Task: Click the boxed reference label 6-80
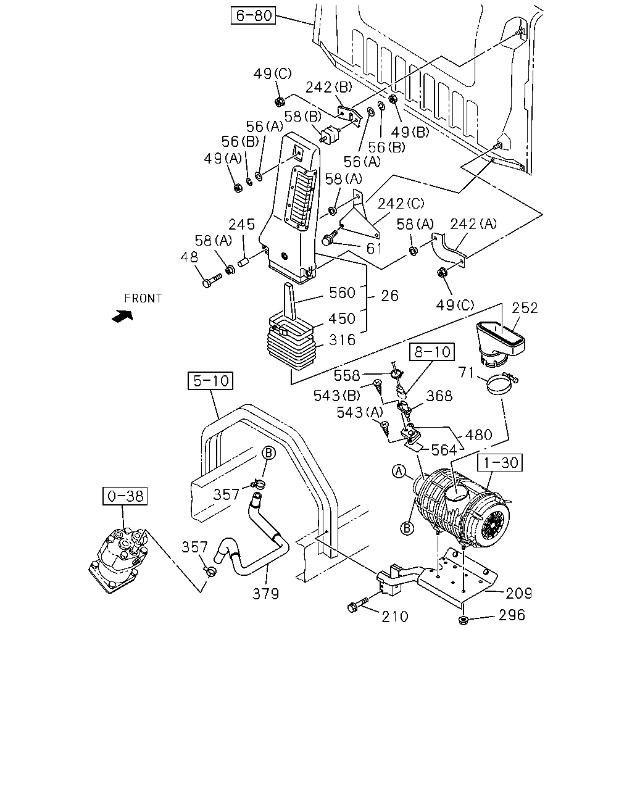pos(253,15)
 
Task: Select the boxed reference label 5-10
pos(210,381)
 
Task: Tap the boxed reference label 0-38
pos(125,496)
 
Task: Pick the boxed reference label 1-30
pos(499,462)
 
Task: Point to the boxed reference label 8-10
pos(432,352)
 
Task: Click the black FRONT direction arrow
pos(122,316)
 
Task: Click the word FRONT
pos(143,299)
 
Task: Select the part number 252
pos(525,308)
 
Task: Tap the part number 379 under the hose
pos(265,594)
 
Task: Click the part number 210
pos(395,617)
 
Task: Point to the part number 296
pos(512,615)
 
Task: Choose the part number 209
pos(518,593)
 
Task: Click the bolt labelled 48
pos(212,281)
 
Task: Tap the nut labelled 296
pos(463,621)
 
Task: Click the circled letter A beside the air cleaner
pos(399,471)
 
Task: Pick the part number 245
pos(242,224)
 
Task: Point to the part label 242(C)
pos(401,204)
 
